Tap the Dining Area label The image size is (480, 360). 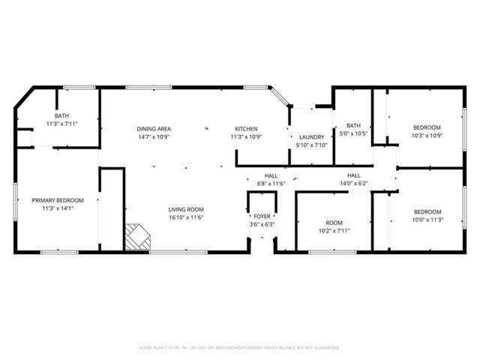pyautogui.click(x=154, y=128)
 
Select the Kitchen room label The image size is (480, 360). pyautogui.click(x=246, y=128)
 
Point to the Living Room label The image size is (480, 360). pyautogui.click(x=185, y=209)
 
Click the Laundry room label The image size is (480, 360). pyautogui.click(x=310, y=136)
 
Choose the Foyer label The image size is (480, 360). pyautogui.click(x=262, y=216)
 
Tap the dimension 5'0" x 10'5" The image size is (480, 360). pyautogui.click(x=354, y=133)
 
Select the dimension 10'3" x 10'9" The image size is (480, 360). pyautogui.click(x=427, y=136)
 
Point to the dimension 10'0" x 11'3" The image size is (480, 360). pyautogui.click(x=427, y=220)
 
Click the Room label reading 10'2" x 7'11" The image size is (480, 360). pyautogui.click(x=333, y=231)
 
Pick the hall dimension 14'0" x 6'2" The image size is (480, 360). pyautogui.click(x=354, y=183)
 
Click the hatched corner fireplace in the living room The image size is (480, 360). pyautogui.click(x=137, y=237)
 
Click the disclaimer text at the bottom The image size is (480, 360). pyautogui.click(x=239, y=348)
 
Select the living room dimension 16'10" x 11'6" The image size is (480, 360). pyautogui.click(x=185, y=217)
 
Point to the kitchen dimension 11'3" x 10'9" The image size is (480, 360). pyautogui.click(x=246, y=137)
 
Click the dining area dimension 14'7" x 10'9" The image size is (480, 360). pyautogui.click(x=154, y=137)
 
